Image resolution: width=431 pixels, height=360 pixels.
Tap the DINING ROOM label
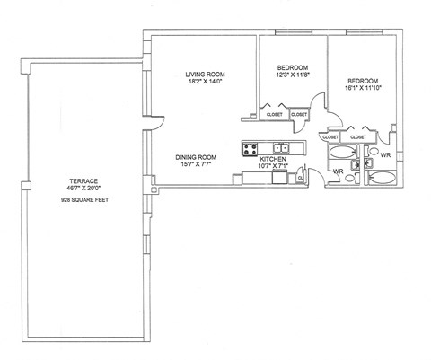[197, 156]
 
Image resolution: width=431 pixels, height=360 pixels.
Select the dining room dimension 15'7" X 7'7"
[197, 164]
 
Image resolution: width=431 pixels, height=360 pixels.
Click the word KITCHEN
[273, 158]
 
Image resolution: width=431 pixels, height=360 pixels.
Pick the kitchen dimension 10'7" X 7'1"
[273, 166]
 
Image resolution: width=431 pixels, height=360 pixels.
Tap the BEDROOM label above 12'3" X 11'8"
[294, 68]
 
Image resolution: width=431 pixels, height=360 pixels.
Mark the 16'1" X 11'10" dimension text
[364, 88]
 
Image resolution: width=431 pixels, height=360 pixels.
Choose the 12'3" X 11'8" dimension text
[294, 76]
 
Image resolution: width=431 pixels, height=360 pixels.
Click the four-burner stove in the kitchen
[251, 148]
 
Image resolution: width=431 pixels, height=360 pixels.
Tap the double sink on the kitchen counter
[281, 148]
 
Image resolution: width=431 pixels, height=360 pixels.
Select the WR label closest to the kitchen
[339, 171]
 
